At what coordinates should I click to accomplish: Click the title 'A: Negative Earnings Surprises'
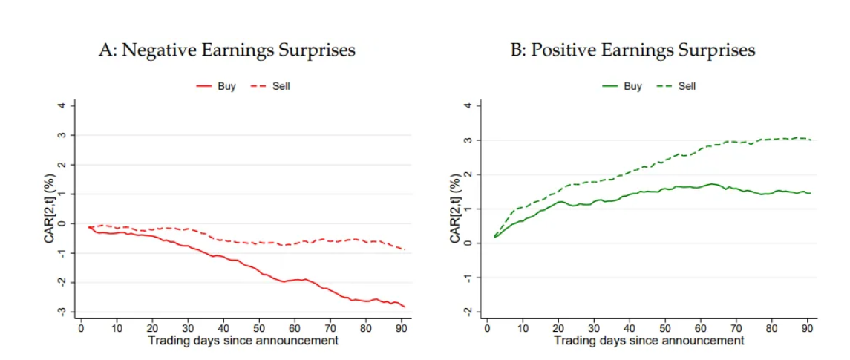[x=227, y=50]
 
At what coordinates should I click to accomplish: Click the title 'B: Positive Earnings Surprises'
[x=632, y=50]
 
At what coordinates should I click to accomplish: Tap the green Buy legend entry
[x=622, y=86]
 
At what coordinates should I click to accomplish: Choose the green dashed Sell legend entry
[x=676, y=86]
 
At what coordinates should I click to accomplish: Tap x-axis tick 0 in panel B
[x=487, y=328]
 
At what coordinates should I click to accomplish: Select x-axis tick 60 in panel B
[x=702, y=328]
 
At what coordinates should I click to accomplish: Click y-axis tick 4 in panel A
[x=62, y=105]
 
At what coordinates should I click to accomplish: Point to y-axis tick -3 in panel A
[x=62, y=312]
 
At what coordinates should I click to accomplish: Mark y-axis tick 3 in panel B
[x=468, y=140]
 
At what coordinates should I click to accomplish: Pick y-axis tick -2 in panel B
[x=468, y=312]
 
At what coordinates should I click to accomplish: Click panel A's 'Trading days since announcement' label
[x=243, y=341]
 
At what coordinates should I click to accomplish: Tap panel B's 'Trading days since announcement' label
[x=649, y=341]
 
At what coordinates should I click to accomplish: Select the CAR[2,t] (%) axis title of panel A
[x=49, y=209]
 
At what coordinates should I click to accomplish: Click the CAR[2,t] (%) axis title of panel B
[x=455, y=209]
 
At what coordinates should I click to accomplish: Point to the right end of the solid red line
[x=405, y=307]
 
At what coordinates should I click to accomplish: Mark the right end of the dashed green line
[x=811, y=140]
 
